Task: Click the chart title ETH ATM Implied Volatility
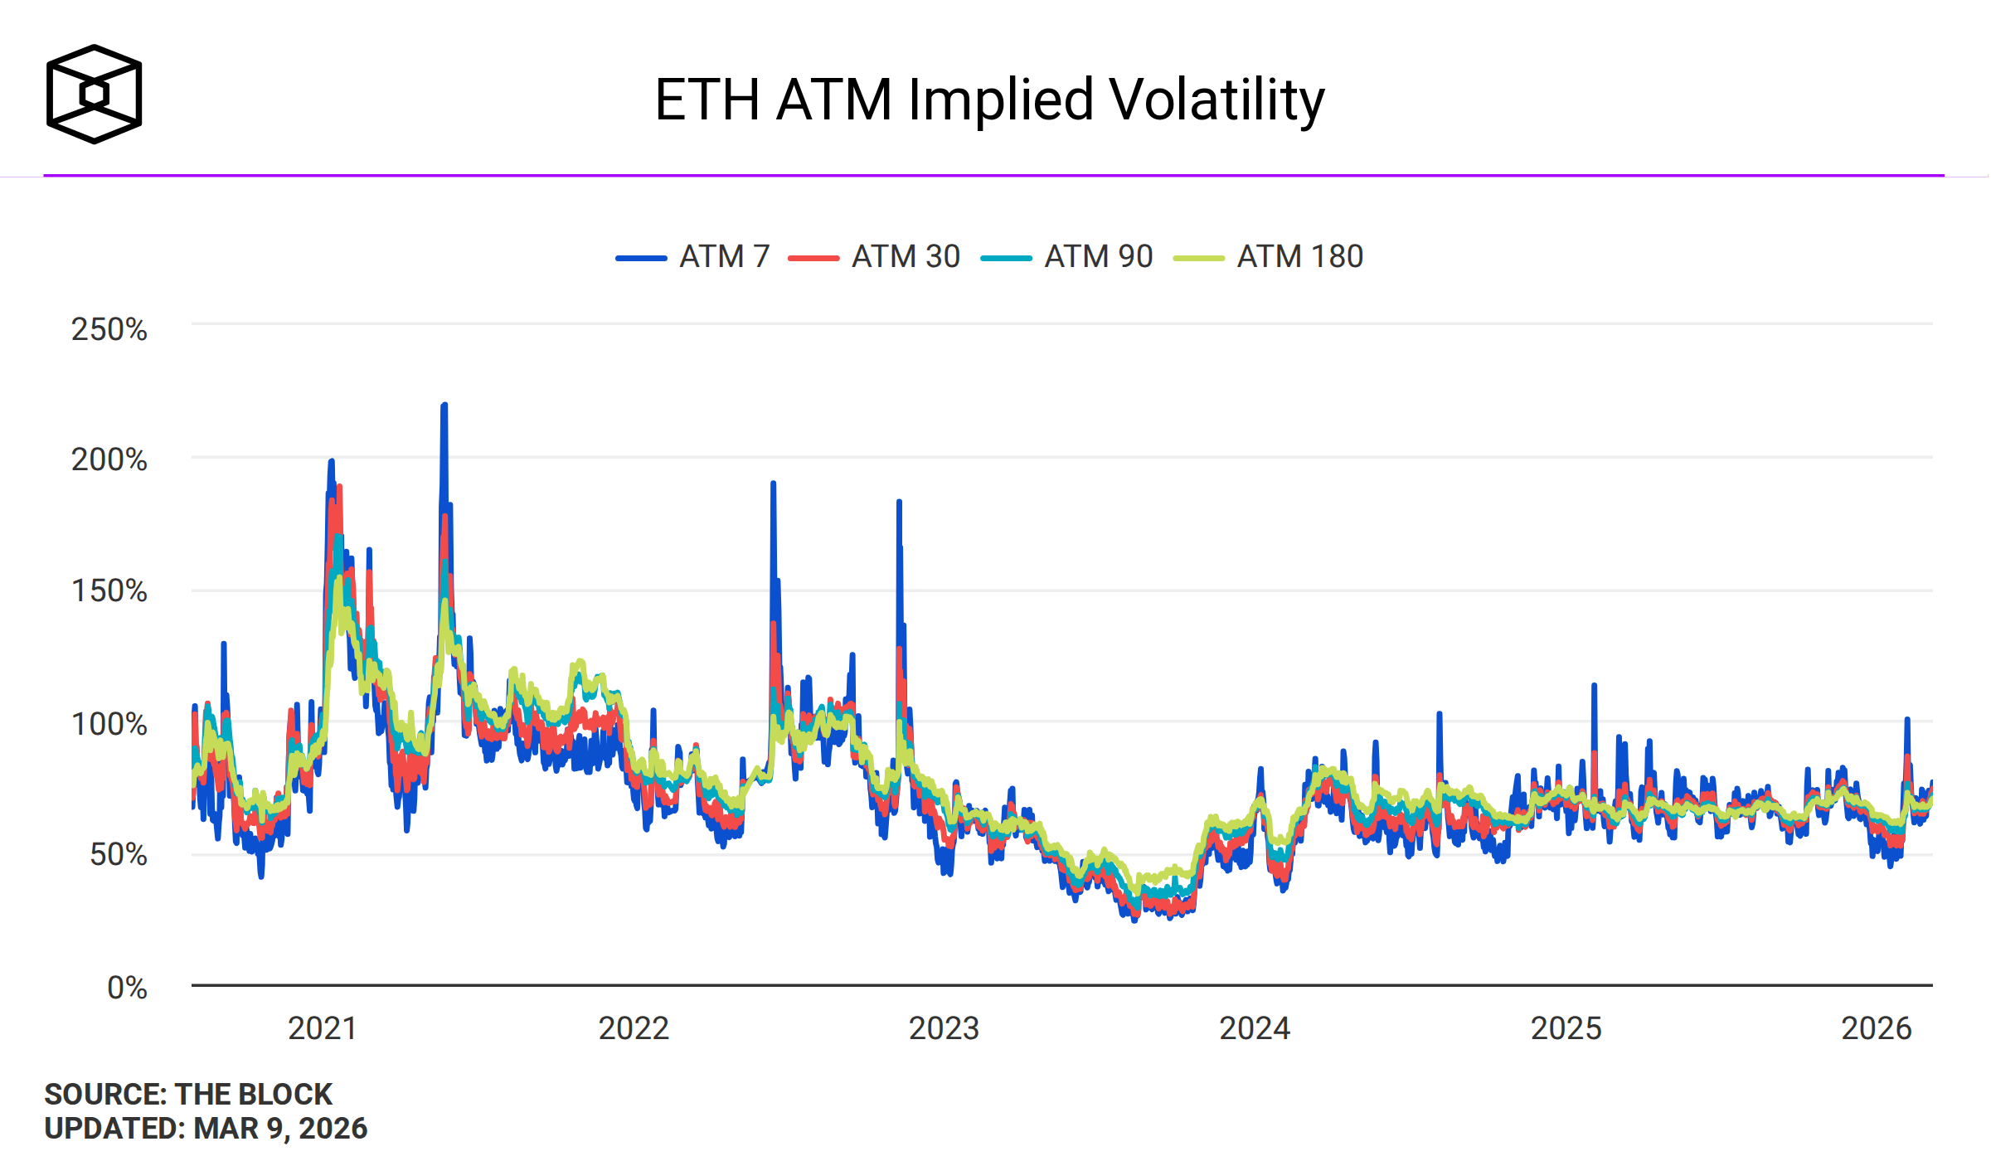989,100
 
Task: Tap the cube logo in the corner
94,94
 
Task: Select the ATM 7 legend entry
693,257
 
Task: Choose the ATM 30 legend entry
874,257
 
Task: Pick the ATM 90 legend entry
1067,257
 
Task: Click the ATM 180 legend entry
1269,257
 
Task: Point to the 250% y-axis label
109,329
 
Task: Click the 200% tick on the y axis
109,459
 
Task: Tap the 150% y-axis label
109,591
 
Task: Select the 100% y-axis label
109,724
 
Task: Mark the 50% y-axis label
118,854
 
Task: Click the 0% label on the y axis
127,988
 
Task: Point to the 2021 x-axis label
322,1028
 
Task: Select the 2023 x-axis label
944,1028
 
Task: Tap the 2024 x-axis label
1254,1028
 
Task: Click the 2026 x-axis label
1876,1028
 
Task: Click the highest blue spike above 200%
444,406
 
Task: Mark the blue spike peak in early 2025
1594,687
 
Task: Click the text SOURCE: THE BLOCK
188,1094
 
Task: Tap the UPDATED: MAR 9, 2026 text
206,1129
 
